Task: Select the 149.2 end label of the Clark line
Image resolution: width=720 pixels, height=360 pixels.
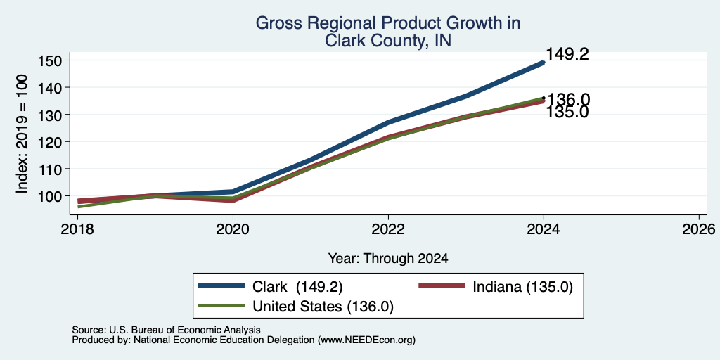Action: coord(567,54)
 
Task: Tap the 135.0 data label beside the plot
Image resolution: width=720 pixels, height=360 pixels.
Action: coord(567,112)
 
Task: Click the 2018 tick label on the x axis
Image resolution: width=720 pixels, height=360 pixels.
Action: coord(77,229)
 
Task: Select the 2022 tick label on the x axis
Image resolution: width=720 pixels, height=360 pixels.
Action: coord(388,229)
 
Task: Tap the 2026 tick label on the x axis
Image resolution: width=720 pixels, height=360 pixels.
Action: coord(699,229)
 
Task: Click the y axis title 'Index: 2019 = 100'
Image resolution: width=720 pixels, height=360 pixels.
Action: coord(22,134)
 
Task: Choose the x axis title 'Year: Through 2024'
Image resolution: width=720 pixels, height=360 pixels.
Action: coord(388,259)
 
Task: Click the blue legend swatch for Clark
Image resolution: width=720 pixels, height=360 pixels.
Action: coord(221,286)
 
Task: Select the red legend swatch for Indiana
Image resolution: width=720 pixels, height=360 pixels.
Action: coord(442,286)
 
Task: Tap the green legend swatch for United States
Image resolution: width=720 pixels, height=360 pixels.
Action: coord(221,305)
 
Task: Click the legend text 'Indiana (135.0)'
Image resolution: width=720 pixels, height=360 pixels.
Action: coord(522,287)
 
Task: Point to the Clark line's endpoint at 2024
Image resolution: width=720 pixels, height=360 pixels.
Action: coord(544,63)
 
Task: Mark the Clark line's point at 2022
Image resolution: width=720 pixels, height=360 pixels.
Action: coord(388,122)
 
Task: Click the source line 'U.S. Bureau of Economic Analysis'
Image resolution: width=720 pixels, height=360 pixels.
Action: coord(185,330)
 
